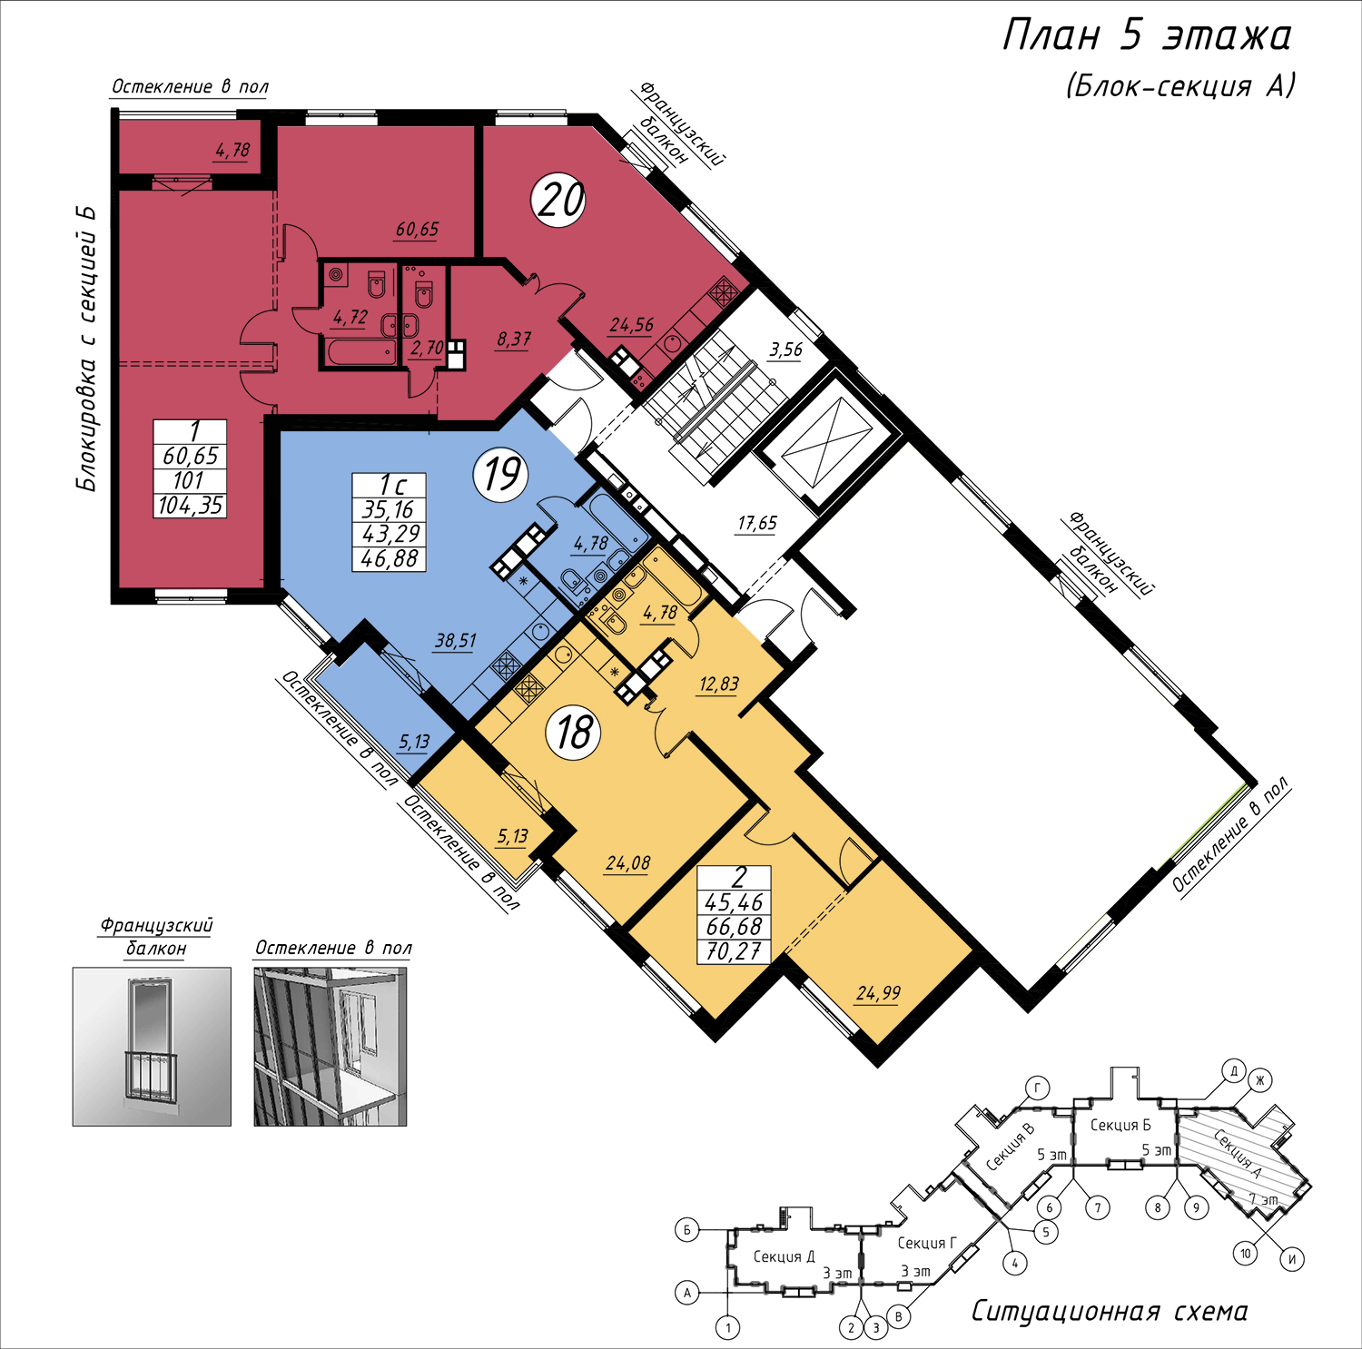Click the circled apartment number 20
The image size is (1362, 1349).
pyautogui.click(x=559, y=200)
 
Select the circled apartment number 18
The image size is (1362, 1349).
pyautogui.click(x=574, y=732)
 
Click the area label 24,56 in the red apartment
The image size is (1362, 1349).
pyautogui.click(x=632, y=325)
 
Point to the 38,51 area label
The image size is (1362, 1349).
pyautogui.click(x=456, y=641)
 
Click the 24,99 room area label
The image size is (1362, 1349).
pyautogui.click(x=878, y=993)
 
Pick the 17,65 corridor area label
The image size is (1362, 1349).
pyautogui.click(x=757, y=523)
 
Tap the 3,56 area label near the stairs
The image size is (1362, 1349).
pyautogui.click(x=785, y=350)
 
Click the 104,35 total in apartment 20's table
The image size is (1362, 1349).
pyautogui.click(x=190, y=506)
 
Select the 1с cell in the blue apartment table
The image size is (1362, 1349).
pyautogui.click(x=390, y=485)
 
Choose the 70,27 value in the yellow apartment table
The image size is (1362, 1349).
pyautogui.click(x=734, y=951)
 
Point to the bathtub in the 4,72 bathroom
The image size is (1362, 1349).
pyautogui.click(x=360, y=351)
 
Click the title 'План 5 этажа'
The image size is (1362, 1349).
pyautogui.click(x=1147, y=35)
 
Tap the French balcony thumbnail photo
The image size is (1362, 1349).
pyautogui.click(x=152, y=1047)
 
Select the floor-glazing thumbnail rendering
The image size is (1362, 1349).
pyautogui.click(x=331, y=1047)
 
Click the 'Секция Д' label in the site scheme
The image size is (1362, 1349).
pyautogui.click(x=784, y=1256)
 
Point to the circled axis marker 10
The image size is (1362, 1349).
pyautogui.click(x=1246, y=1254)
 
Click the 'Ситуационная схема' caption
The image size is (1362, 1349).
pyautogui.click(x=1110, y=1311)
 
